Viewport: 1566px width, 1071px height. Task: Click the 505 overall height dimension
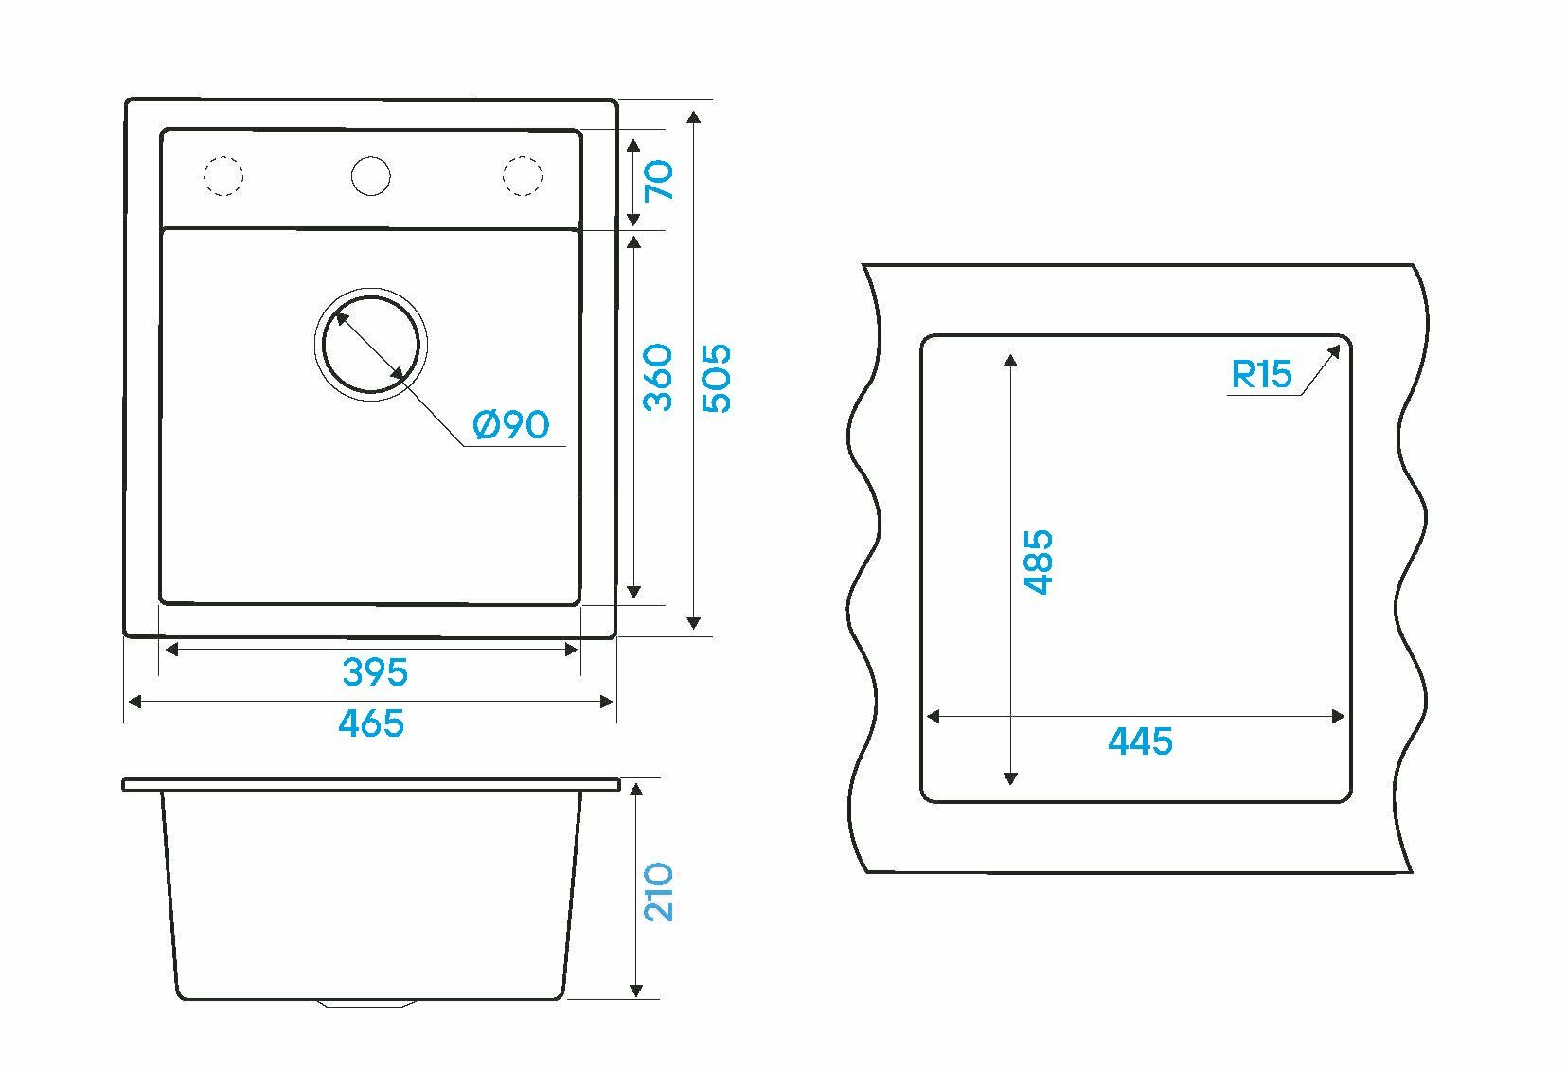(718, 377)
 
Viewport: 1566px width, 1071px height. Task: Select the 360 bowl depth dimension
(659, 377)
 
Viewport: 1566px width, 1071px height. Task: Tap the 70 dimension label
(659, 180)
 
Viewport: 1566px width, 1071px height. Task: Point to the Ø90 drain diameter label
(511, 425)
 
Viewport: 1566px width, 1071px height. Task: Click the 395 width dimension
(375, 672)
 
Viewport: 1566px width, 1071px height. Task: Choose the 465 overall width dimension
(371, 724)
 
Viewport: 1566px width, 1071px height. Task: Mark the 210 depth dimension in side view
(659, 891)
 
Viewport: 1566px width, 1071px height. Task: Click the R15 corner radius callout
(1261, 375)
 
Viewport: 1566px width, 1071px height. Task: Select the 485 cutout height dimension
(1040, 562)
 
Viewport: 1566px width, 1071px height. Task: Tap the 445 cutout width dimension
(1140, 741)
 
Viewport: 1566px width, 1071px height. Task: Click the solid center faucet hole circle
(370, 175)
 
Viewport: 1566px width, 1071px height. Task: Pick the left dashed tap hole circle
(224, 175)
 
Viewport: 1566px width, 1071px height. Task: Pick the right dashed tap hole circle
(522, 175)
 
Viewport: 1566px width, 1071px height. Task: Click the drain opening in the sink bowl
(370, 344)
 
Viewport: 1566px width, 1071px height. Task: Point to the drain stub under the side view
(370, 1002)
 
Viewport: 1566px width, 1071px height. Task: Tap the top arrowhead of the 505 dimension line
(694, 116)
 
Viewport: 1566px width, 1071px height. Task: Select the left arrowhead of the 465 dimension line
(134, 702)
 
